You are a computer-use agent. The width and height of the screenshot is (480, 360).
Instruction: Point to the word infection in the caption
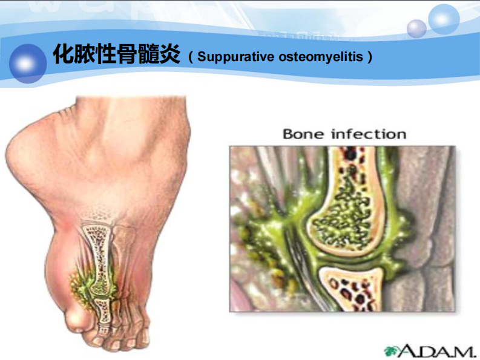367,134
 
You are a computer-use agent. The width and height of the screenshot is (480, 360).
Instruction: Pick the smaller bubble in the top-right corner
417,28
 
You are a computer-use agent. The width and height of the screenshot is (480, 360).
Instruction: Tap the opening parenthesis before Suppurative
191,58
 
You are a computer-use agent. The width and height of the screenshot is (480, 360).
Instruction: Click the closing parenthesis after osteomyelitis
369,58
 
